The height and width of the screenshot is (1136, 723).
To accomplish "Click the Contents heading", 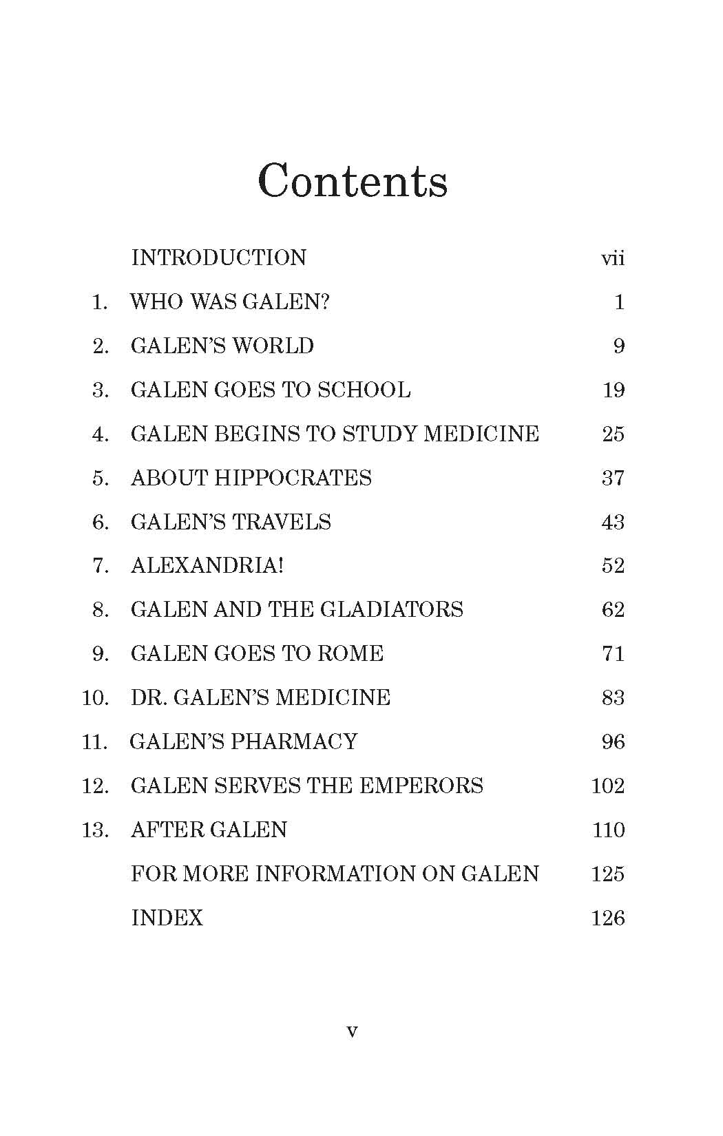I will [x=353, y=181].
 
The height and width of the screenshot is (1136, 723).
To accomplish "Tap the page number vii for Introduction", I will [x=613, y=259].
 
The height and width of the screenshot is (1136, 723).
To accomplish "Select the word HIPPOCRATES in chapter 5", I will [x=293, y=478].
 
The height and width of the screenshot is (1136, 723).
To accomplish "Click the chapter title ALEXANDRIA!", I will [x=207, y=565].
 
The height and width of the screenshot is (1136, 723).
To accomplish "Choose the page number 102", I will [x=608, y=786].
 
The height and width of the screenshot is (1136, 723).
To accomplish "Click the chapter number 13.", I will [x=95, y=830].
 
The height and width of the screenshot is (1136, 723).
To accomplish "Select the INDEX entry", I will [x=167, y=918].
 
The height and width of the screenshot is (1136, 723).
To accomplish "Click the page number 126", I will [x=608, y=918].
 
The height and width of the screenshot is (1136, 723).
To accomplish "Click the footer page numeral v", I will [x=352, y=1031].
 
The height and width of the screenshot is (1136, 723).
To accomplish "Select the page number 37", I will [x=613, y=478].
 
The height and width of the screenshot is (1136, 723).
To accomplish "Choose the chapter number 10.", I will [x=95, y=697].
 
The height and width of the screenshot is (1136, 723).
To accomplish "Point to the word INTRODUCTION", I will [x=219, y=257].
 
